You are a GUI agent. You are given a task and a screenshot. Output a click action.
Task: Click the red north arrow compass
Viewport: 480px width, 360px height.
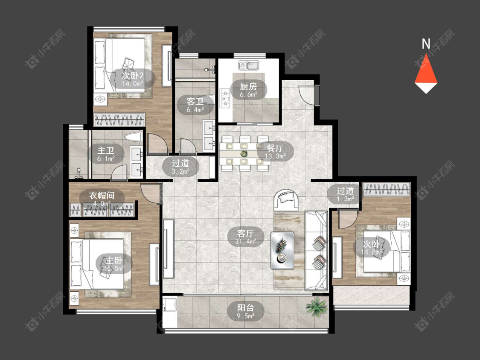pyautogui.click(x=426, y=73)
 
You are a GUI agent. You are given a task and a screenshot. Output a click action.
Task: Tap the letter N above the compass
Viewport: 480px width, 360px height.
pyautogui.click(x=426, y=44)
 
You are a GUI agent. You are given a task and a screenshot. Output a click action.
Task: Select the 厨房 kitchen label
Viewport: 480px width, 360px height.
pyautogui.click(x=248, y=86)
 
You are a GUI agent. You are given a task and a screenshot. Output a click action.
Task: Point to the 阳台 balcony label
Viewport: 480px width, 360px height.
pyautogui.click(x=246, y=307)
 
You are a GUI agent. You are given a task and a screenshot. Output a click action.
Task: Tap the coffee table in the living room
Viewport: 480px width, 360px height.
pyautogui.click(x=282, y=251)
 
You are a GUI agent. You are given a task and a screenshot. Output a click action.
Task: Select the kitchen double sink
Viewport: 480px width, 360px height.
pyautogui.click(x=249, y=65)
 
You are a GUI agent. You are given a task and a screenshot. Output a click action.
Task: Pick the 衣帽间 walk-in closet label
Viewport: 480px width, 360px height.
pyautogui.click(x=102, y=196)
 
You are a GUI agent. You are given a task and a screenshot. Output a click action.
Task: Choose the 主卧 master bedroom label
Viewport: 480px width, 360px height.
pyautogui.click(x=114, y=261)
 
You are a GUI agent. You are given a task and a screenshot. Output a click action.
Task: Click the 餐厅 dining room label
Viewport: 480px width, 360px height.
pyautogui.click(x=275, y=148)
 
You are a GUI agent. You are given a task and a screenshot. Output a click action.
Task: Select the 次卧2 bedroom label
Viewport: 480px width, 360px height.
pyautogui.click(x=133, y=75)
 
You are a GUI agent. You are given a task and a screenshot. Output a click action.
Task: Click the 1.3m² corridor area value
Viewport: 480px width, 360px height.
pyautogui.click(x=345, y=199)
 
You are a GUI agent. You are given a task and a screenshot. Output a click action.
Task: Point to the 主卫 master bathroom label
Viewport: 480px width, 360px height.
pyautogui.click(x=106, y=150)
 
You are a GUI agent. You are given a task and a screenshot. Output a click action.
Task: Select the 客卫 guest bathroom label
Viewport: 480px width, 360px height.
pyautogui.click(x=195, y=101)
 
